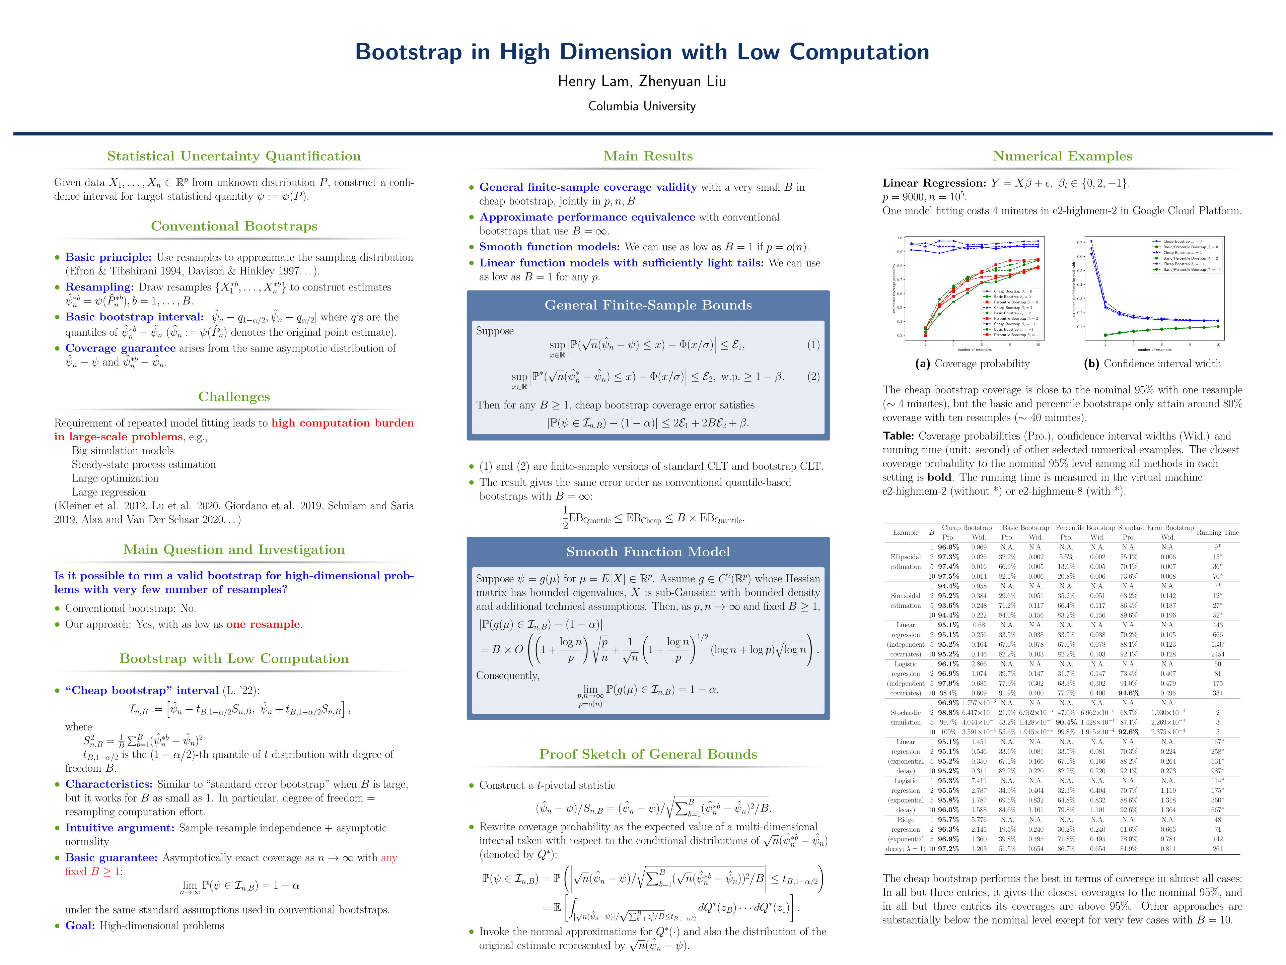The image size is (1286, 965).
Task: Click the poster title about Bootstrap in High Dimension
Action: [x=642, y=52]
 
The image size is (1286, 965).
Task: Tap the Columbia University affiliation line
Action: [x=642, y=106]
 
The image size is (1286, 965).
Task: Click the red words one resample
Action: [x=263, y=625]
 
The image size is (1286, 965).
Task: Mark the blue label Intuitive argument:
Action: [x=119, y=828]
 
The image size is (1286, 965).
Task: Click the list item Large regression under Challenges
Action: [x=109, y=492]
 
